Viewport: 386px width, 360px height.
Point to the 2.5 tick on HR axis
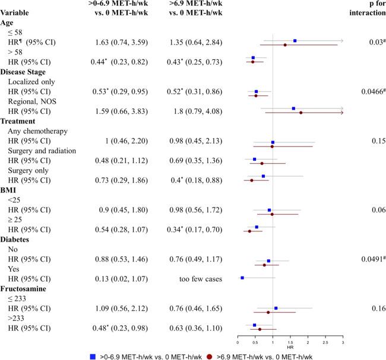tap(325, 343)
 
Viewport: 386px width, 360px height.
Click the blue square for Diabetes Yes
tap(242, 278)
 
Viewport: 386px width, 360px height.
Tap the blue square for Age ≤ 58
tap(295, 41)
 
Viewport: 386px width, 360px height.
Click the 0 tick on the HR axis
tap(238, 343)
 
